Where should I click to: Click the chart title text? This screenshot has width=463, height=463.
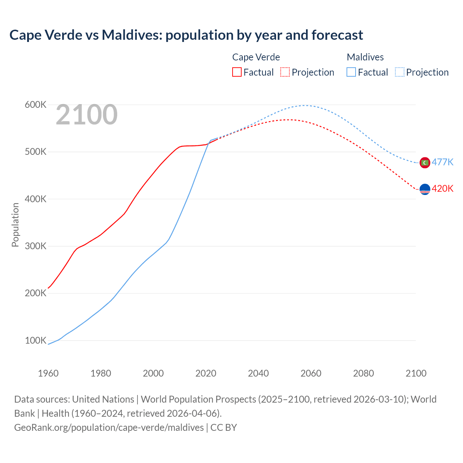tap(186, 35)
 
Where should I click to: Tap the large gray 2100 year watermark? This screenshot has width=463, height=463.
tap(86, 115)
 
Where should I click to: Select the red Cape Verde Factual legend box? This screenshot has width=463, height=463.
tap(237, 72)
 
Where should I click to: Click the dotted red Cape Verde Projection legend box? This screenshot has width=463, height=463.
tap(285, 72)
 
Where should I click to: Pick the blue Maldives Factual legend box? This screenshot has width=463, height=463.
tap(351, 72)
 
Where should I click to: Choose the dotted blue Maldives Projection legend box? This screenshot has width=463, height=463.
tap(400, 72)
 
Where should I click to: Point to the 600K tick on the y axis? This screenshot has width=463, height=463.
tap(35, 105)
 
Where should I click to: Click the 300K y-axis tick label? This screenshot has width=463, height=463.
tap(35, 246)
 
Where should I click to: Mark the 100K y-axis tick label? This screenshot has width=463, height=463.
tap(35, 341)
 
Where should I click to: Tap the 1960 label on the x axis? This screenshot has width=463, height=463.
tap(48, 373)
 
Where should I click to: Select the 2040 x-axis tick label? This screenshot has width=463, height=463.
tap(258, 373)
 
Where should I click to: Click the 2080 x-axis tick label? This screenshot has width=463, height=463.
tap(364, 373)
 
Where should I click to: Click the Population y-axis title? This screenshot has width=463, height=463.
tap(15, 225)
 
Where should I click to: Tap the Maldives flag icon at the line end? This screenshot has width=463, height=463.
tap(425, 163)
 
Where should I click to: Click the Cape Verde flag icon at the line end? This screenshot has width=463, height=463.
tap(425, 189)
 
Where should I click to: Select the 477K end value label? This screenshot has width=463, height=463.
tap(442, 162)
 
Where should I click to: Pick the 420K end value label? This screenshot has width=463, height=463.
tap(442, 188)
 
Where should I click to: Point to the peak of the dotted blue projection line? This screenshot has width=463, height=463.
tap(305, 105)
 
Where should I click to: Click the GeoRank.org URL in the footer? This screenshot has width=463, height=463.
tap(109, 428)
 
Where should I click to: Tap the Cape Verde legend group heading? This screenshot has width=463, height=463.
tap(256, 57)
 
